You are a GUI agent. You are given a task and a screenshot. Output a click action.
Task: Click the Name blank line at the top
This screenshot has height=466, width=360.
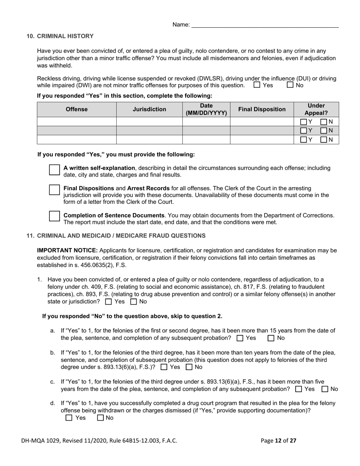(265, 25)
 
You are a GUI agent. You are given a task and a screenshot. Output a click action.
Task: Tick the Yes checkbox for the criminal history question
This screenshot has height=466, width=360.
(257, 85)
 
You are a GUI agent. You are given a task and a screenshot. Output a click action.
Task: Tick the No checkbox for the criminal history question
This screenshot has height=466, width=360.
(290, 85)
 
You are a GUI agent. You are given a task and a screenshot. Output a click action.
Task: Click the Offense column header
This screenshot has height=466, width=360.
(77, 109)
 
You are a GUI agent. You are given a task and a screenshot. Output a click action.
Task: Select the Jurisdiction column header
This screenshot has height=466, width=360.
(149, 109)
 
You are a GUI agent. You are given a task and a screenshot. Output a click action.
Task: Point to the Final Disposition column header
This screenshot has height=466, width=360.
(262, 109)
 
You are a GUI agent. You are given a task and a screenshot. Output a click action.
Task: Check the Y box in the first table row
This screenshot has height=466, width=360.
(304, 122)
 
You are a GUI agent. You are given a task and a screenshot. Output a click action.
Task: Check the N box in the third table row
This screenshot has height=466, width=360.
(324, 140)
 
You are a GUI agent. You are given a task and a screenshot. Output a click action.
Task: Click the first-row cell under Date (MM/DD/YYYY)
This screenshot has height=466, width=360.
(206, 122)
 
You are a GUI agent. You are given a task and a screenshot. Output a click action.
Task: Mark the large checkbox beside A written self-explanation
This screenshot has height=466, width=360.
(55, 170)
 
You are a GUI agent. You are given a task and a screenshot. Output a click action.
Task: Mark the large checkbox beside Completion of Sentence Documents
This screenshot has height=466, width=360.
(55, 216)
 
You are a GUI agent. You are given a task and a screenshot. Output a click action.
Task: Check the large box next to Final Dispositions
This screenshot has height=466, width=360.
(55, 190)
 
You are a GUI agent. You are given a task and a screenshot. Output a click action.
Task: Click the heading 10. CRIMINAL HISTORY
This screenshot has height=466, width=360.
(60, 36)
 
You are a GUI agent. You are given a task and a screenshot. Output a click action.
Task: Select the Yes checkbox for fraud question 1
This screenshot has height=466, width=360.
(108, 302)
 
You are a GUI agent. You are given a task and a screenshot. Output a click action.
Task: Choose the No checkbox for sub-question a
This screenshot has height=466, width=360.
(271, 338)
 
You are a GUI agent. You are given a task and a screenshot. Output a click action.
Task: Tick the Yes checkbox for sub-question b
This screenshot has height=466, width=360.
(164, 367)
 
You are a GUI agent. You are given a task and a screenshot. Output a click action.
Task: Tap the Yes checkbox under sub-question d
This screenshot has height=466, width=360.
(69, 418)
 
